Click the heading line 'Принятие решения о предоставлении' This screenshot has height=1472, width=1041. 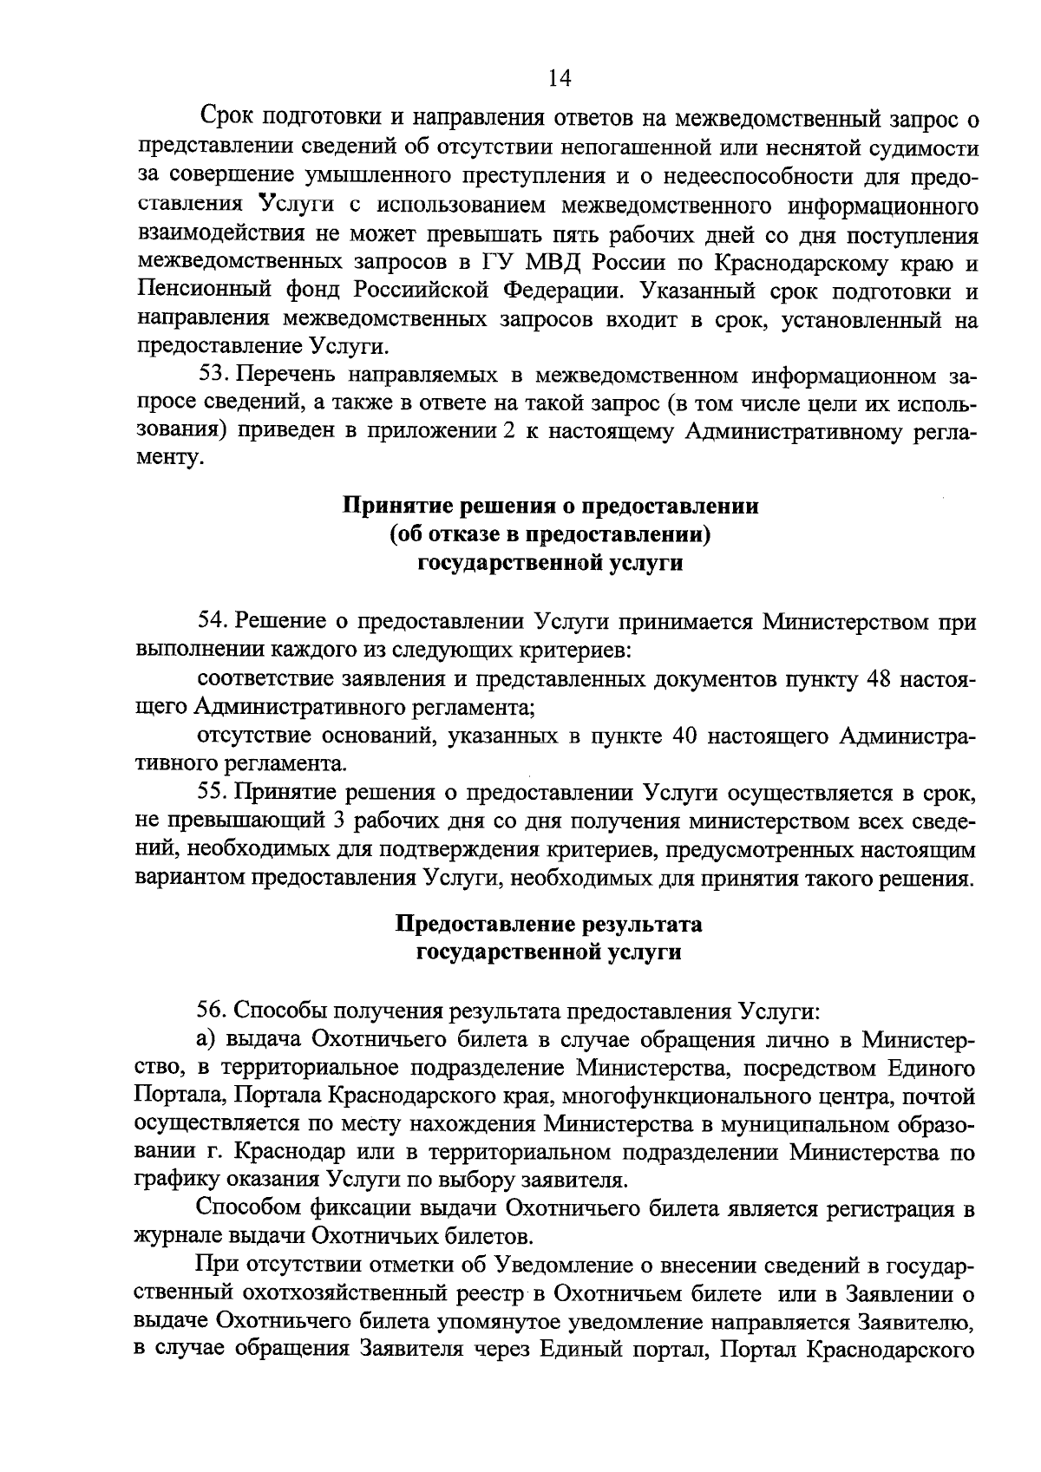[552, 506]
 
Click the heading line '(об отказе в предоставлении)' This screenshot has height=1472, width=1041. [552, 534]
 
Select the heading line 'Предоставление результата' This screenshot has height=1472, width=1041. [549, 924]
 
